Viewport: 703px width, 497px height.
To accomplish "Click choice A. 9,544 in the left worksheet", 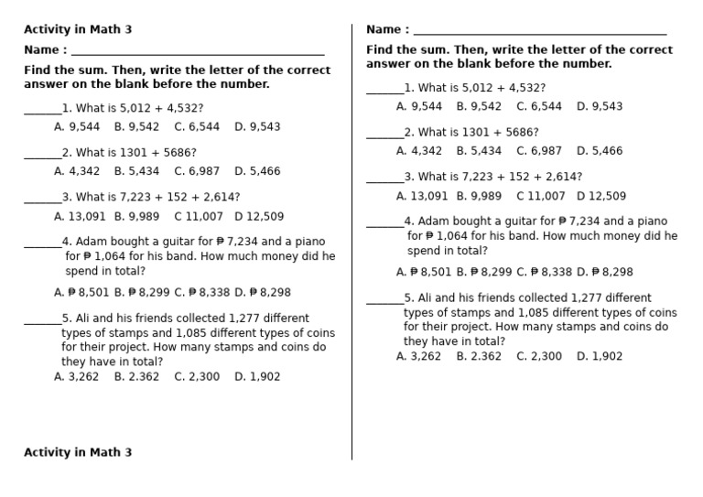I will pos(77,127).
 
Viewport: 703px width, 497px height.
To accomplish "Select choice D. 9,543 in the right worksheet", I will pos(600,106).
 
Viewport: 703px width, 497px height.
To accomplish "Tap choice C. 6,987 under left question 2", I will pos(197,171).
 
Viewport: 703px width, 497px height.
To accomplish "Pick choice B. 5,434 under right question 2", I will pos(479,151).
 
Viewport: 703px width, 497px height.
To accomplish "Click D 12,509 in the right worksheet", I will pos(600,196).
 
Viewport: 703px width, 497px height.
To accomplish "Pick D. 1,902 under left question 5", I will pos(257,376).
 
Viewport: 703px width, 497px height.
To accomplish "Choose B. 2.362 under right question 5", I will pos(479,356).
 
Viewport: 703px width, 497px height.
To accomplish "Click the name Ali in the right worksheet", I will pos(427,298).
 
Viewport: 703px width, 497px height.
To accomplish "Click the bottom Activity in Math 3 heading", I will pos(78,452).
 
